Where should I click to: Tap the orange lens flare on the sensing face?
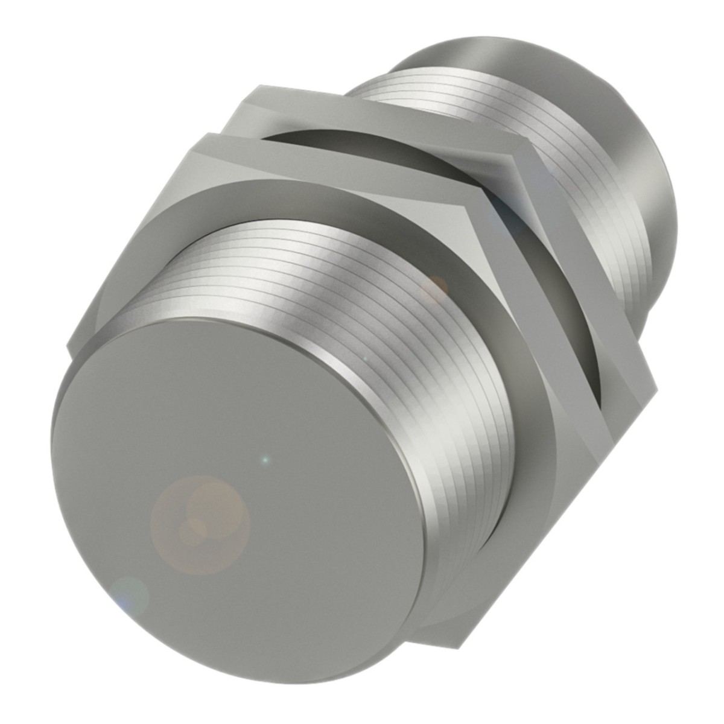pos(199,522)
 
